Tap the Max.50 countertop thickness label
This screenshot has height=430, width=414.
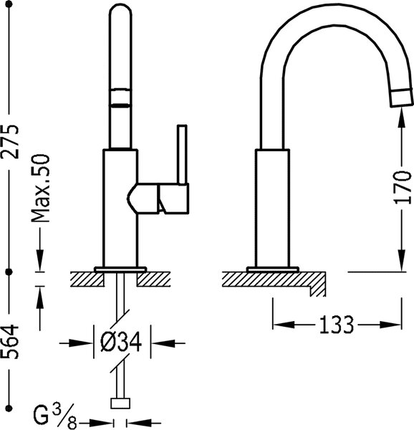(x=40, y=188)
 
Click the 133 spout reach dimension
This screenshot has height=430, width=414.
(x=337, y=325)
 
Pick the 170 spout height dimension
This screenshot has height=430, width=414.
(x=403, y=187)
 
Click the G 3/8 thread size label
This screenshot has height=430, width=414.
(x=54, y=416)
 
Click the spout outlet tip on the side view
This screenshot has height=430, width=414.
(x=402, y=97)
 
